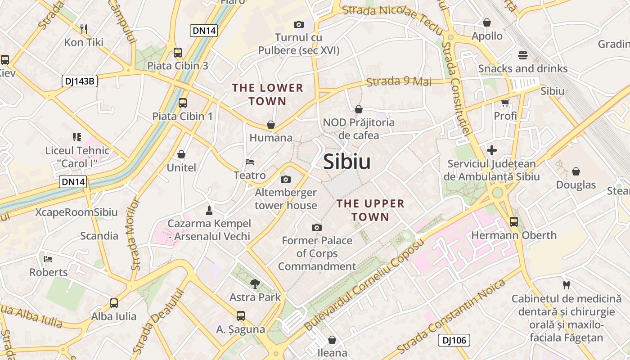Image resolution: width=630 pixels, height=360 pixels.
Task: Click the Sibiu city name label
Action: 347,162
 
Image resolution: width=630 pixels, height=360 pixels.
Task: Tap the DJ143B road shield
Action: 79,81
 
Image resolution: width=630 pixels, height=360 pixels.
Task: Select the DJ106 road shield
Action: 454,340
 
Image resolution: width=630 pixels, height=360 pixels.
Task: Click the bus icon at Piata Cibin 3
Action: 178,53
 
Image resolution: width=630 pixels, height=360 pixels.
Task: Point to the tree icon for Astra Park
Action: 255,283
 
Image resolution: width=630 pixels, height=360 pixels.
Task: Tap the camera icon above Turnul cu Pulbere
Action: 298,24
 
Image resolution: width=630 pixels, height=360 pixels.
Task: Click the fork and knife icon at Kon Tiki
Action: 84,29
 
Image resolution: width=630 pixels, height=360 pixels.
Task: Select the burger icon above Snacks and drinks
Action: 522,55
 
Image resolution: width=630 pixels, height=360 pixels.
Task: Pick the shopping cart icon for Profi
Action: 505,103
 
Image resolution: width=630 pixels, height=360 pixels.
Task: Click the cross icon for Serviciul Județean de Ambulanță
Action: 492,150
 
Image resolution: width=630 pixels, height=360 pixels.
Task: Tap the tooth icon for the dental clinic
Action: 567,285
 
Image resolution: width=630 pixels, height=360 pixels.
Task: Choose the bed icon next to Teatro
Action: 250,162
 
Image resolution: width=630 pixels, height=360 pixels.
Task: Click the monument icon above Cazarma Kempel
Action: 209,210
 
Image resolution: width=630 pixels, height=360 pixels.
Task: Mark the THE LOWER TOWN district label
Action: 268,94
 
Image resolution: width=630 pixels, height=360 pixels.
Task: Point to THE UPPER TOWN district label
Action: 370,210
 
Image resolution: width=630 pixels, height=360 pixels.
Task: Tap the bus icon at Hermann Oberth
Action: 513,222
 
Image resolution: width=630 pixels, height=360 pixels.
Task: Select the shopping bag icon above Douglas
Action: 576,171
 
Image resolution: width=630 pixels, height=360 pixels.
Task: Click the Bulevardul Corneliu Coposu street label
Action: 364,285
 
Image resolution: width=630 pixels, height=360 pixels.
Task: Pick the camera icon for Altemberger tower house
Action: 285,180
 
